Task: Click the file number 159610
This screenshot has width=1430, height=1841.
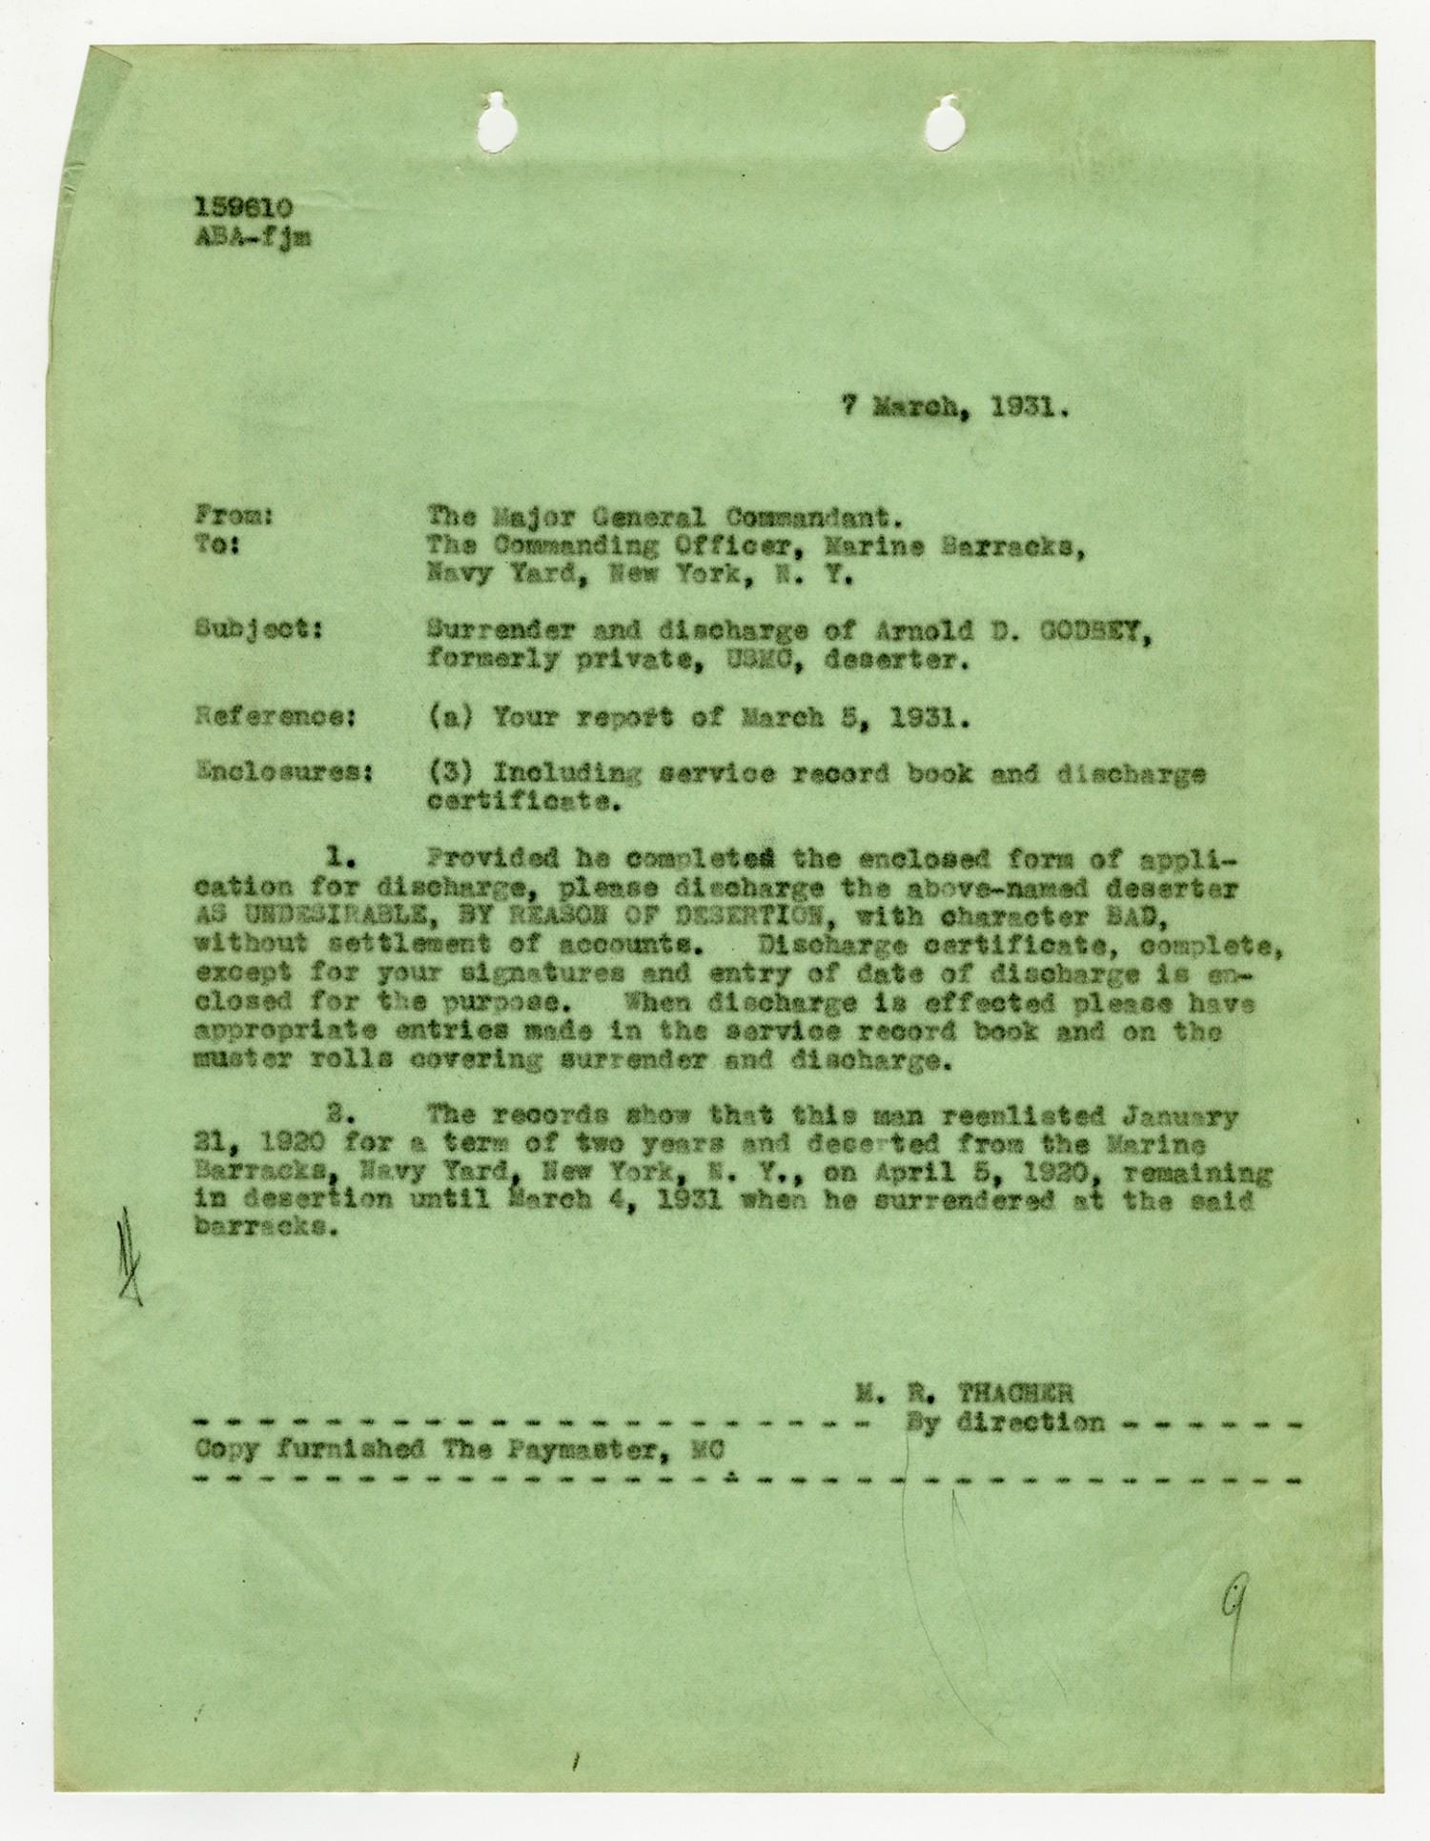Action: point(243,208)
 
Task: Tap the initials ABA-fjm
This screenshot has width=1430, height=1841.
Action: point(252,238)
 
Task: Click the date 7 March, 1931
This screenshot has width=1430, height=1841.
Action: point(954,407)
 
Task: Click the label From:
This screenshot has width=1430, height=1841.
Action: point(235,516)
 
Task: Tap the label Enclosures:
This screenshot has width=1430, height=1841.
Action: point(282,772)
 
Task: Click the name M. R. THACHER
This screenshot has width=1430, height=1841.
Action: point(964,1393)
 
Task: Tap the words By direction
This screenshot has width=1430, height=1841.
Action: point(1004,1422)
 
